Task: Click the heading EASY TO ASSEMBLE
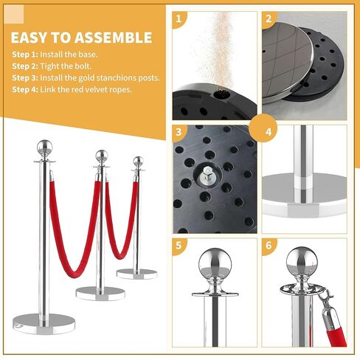(82, 38)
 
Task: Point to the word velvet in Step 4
(101, 89)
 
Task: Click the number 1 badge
(177, 20)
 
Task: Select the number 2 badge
(269, 20)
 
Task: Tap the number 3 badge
(177, 134)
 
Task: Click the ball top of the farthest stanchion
(137, 161)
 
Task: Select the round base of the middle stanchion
(100, 291)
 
